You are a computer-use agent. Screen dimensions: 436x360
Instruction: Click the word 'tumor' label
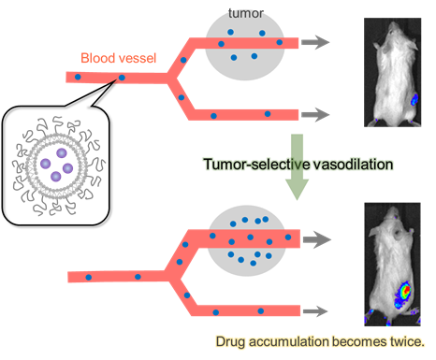pos(246,13)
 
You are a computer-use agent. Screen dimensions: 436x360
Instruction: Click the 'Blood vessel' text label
pos(119,58)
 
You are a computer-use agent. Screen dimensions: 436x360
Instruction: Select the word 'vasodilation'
pos(353,165)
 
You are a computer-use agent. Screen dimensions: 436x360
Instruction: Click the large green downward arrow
pos(298,166)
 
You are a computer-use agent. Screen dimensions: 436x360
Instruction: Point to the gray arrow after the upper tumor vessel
pos(315,42)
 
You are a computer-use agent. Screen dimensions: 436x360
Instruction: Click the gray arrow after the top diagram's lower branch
pos(315,114)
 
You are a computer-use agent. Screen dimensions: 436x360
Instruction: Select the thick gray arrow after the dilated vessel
pos(317,239)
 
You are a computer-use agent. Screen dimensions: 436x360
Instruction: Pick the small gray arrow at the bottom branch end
pos(315,310)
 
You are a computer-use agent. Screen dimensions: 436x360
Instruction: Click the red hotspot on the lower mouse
pos(405,291)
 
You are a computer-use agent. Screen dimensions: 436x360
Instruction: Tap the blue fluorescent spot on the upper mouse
pos(414,100)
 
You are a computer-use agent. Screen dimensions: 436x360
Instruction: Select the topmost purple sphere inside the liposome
pos(62,153)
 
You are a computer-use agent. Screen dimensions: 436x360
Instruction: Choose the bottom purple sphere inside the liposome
pos(56,177)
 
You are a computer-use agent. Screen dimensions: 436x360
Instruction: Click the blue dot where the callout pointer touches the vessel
pos(122,78)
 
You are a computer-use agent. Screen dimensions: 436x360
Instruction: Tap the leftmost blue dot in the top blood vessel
pos(78,77)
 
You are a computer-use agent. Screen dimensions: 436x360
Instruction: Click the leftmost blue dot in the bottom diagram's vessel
pos(89,277)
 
